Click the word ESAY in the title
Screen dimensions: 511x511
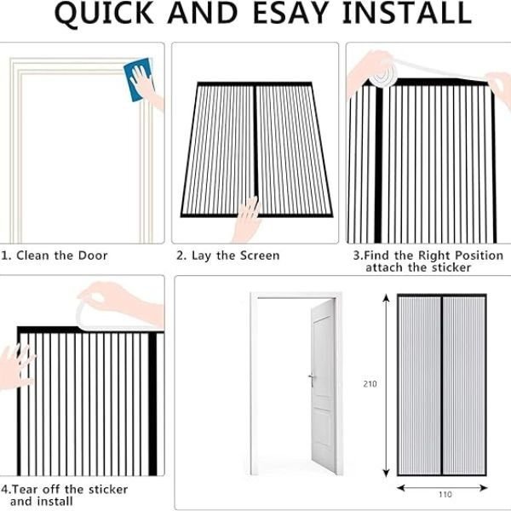click(x=290, y=13)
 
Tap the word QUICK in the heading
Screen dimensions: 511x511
click(x=104, y=14)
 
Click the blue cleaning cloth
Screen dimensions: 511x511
click(x=138, y=79)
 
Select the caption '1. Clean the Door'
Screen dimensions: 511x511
click(x=55, y=255)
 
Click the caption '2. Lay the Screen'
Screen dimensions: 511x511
click(x=228, y=255)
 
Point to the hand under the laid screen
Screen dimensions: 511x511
click(x=247, y=220)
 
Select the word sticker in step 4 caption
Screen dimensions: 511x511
click(x=108, y=489)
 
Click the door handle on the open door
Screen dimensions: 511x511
click(x=312, y=378)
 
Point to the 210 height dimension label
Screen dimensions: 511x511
click(x=370, y=384)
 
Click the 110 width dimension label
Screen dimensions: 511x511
click(x=445, y=494)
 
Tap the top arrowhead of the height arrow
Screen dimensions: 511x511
click(x=386, y=297)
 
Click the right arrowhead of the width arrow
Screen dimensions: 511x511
click(x=484, y=488)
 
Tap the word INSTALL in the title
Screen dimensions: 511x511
click(x=407, y=13)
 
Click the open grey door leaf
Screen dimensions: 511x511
click(x=324, y=386)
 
